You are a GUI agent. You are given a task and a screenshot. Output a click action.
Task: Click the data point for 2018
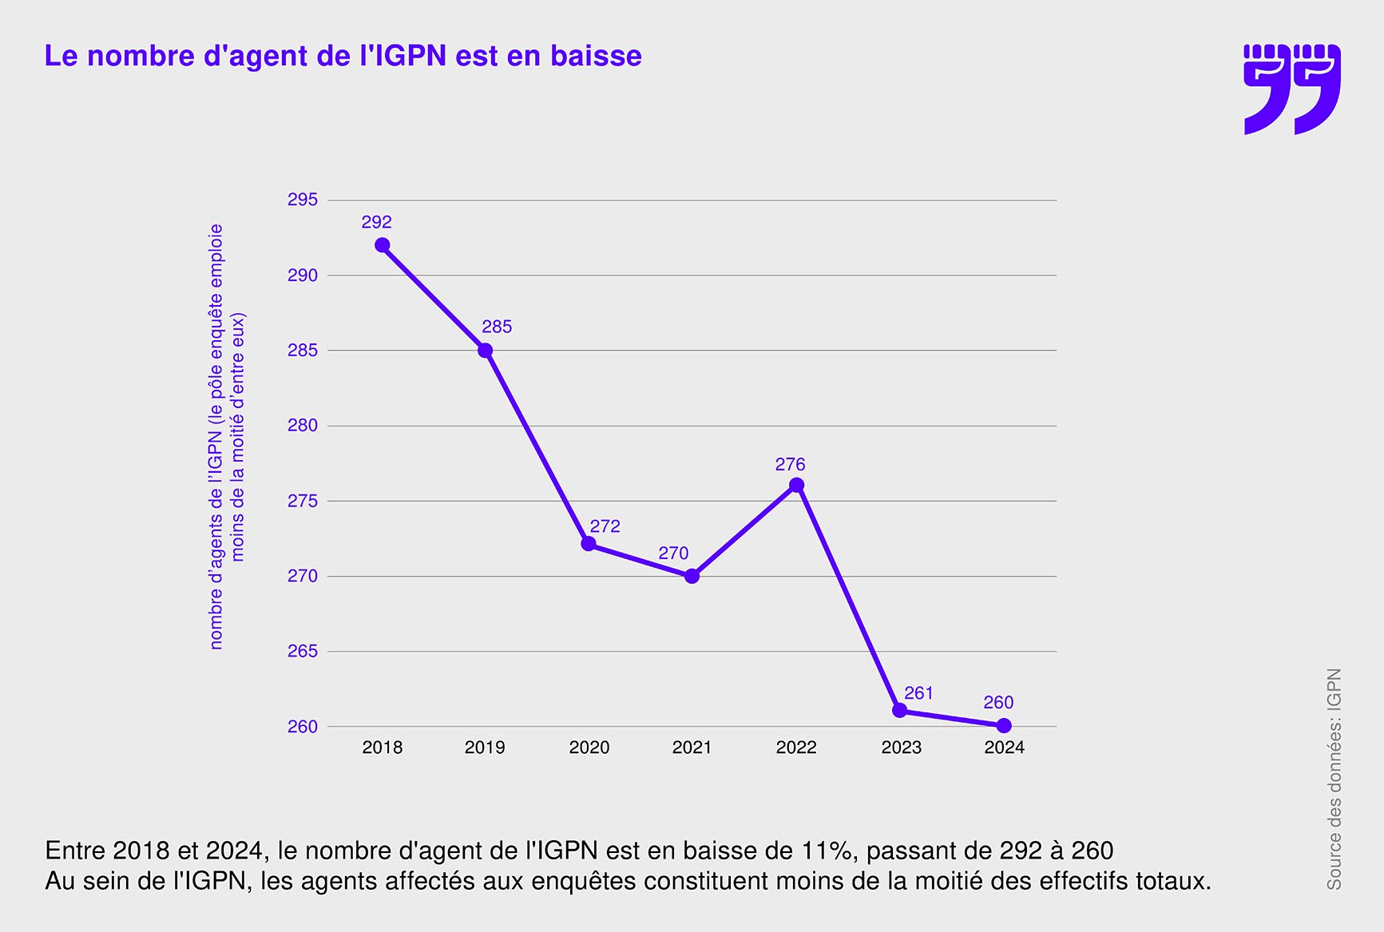[x=383, y=245]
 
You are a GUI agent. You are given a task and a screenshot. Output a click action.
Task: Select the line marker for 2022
[x=796, y=486]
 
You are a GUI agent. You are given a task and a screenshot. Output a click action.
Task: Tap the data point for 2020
[x=589, y=544]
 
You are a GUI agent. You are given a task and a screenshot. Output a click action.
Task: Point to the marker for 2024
[x=1004, y=726]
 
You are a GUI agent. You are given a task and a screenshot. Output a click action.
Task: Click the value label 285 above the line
[x=497, y=327]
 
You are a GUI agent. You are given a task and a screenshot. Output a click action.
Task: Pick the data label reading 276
[x=790, y=464]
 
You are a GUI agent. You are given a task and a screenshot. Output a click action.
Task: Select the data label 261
[x=918, y=693]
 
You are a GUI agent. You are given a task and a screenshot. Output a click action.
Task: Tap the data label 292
[x=376, y=222]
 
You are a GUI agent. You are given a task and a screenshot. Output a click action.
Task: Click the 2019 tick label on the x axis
[x=485, y=748]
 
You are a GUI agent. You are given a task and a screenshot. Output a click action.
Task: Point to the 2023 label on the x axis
[x=901, y=748]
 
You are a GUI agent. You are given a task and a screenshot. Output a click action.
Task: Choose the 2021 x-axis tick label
[x=692, y=748]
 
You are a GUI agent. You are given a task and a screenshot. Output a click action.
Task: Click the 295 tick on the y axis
[x=303, y=200]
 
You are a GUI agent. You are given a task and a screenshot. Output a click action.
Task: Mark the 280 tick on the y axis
[x=303, y=426]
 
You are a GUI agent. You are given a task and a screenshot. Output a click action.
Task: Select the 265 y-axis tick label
[x=303, y=652]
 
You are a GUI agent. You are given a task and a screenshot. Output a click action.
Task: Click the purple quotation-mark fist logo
[x=1291, y=89]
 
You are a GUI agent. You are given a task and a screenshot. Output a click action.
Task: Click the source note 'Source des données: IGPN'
[x=1334, y=779]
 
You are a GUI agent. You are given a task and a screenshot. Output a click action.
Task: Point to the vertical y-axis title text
[x=227, y=436]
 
